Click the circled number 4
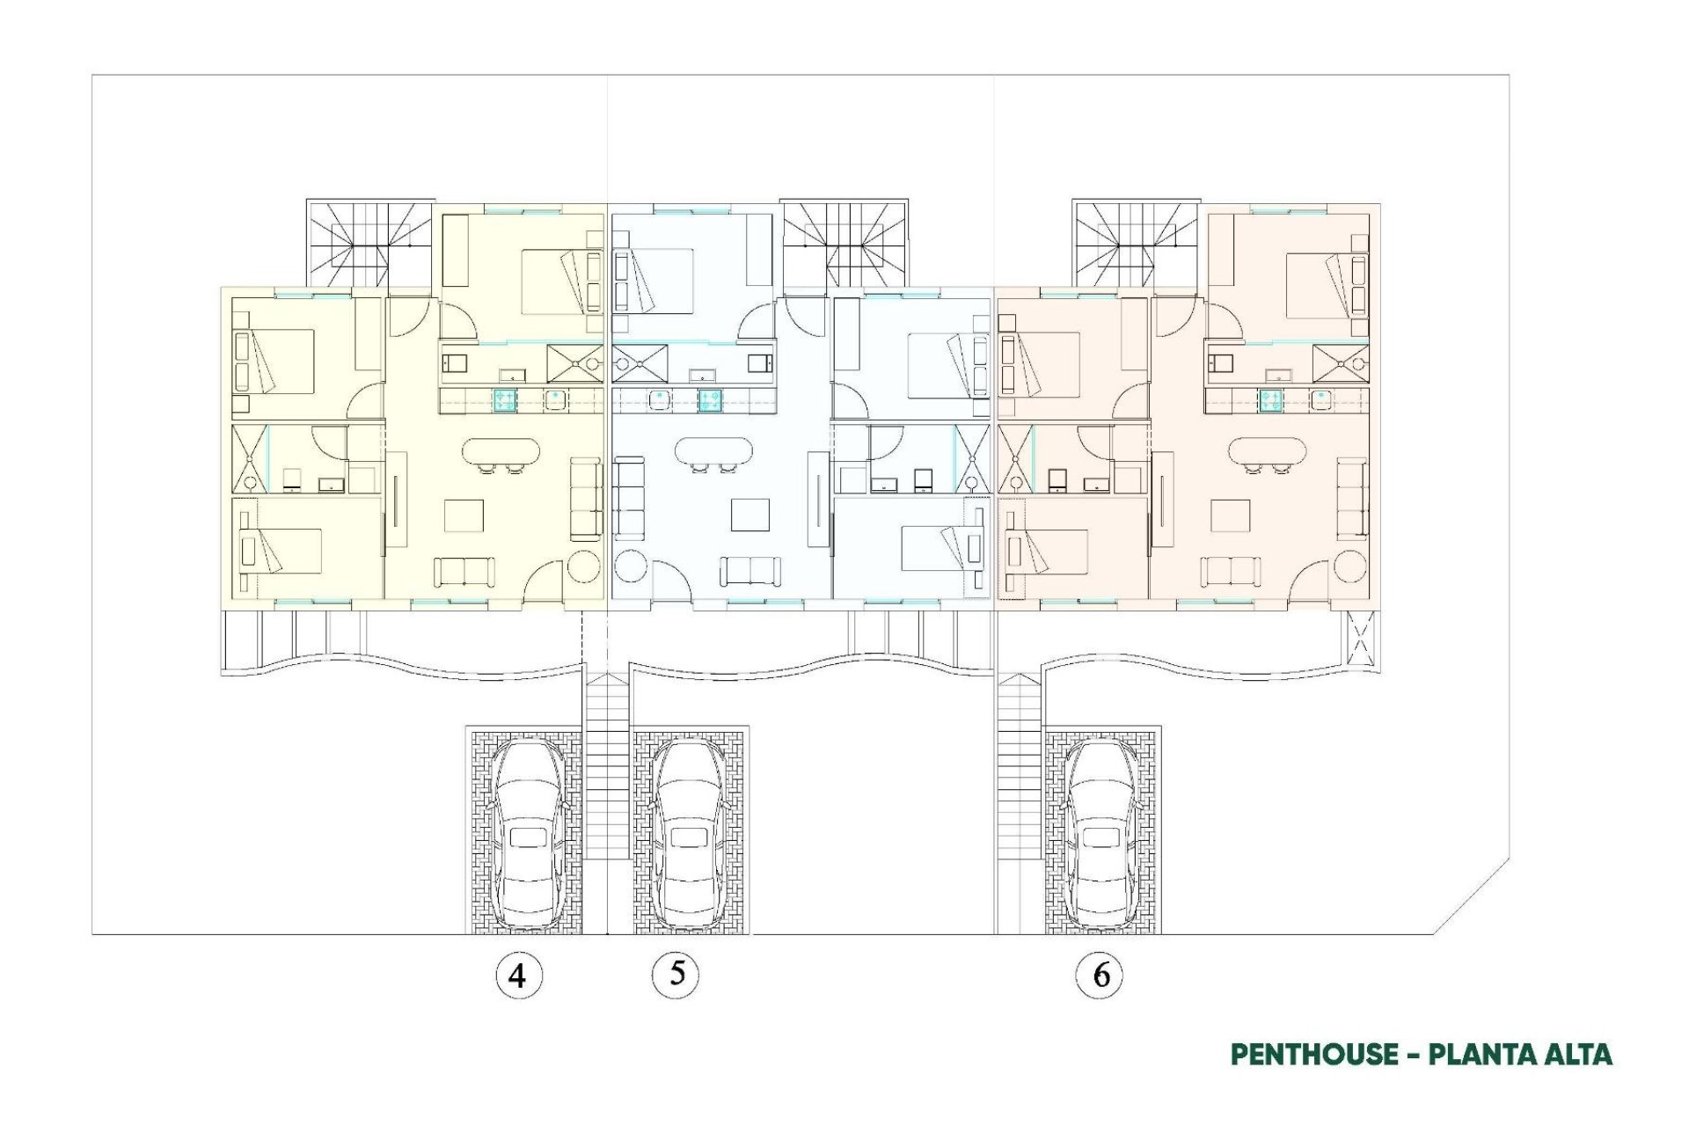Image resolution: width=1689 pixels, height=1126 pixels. tap(518, 975)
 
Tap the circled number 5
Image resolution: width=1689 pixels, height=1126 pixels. tap(676, 974)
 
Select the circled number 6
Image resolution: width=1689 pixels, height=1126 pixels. tap(1100, 975)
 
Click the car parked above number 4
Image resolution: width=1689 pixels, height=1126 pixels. tap(525, 833)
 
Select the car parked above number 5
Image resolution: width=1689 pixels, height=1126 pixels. tap(687, 833)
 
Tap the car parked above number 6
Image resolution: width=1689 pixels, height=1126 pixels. tap(1100, 833)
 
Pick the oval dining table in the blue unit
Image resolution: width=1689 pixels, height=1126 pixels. tap(713, 452)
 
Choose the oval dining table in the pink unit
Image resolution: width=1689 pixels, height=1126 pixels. tap(1267, 452)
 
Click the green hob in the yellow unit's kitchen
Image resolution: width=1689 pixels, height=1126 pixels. tap(504, 400)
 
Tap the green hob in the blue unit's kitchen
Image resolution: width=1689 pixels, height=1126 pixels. tap(710, 400)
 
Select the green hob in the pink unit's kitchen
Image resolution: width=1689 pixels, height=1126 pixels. tap(1269, 400)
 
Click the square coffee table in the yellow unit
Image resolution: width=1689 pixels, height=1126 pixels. tap(464, 515)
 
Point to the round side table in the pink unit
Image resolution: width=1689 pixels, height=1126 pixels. tap(1350, 566)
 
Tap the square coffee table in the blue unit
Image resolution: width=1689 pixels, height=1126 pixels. tap(750, 515)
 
